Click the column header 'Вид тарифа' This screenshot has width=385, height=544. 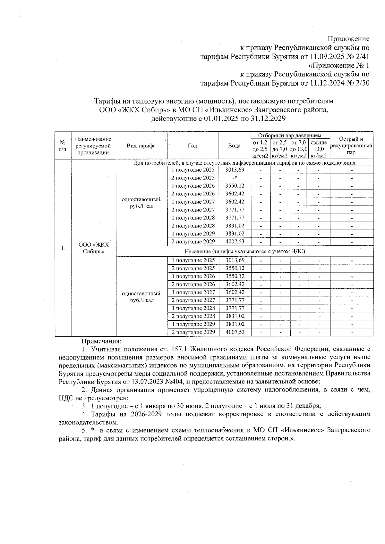[x=141, y=146]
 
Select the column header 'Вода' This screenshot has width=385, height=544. [x=234, y=146]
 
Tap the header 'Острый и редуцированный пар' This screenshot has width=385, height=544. [x=351, y=146]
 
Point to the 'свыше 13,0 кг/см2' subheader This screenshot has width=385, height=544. [x=319, y=149]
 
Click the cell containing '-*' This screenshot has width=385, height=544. [x=235, y=178]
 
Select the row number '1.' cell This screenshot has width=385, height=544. [x=63, y=248]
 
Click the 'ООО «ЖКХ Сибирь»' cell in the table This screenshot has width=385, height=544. [x=94, y=248]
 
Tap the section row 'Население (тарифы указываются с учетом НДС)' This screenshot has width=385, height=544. [x=245, y=251]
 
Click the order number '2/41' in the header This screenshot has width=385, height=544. [x=362, y=57]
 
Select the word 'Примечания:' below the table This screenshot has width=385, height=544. [x=101, y=341]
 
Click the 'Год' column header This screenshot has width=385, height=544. [x=193, y=146]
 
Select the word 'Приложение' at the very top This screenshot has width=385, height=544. [x=348, y=39]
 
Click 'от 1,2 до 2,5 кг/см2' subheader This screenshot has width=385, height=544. [x=260, y=149]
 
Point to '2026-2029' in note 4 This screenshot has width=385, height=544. [x=145, y=414]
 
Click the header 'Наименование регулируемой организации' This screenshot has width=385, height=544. [x=93, y=146]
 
